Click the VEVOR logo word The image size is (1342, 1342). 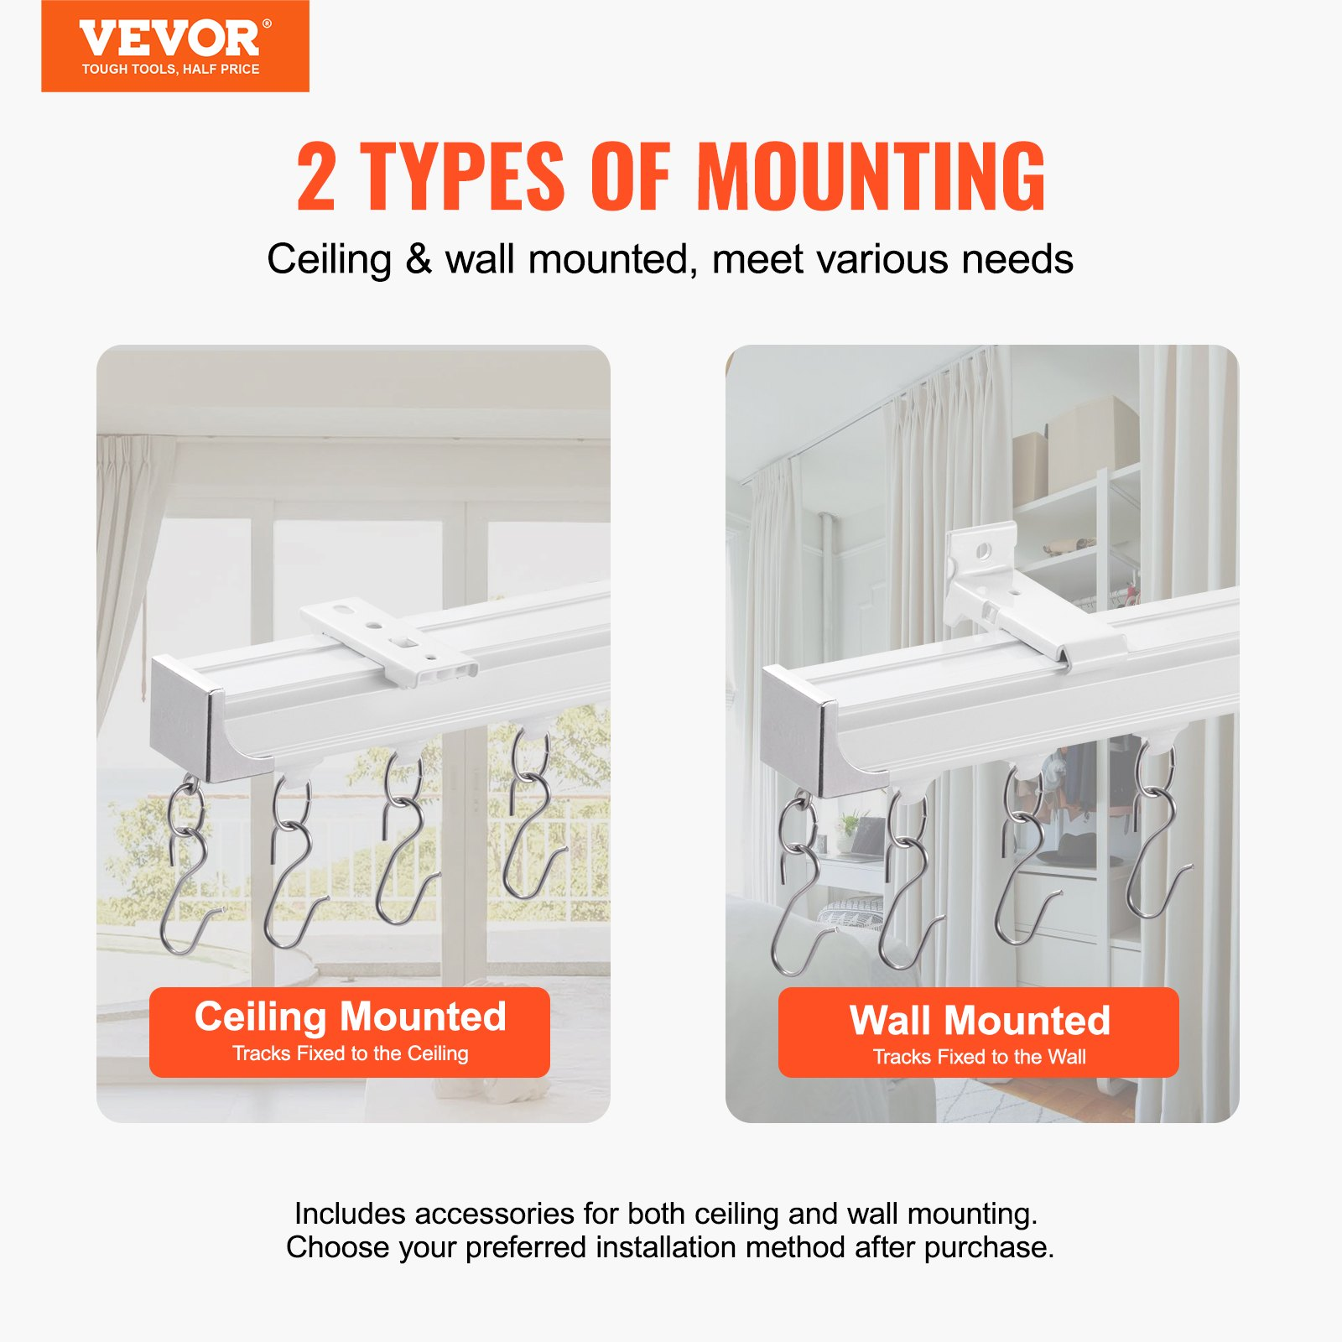click(x=170, y=39)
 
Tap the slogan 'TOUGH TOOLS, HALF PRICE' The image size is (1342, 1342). click(x=170, y=70)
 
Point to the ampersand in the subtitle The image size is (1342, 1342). click(x=419, y=259)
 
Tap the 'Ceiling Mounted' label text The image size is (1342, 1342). click(x=350, y=1017)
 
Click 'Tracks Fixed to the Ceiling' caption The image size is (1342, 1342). click(x=350, y=1053)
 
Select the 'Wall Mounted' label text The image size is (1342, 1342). click(x=979, y=1021)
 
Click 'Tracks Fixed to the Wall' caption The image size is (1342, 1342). click(x=979, y=1057)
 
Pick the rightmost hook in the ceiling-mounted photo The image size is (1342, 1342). click(x=530, y=822)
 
